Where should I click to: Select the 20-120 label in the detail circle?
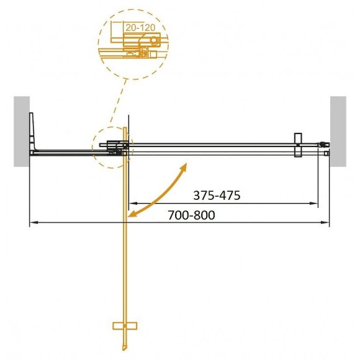click(x=140, y=28)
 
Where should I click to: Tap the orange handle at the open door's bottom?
click(x=125, y=325)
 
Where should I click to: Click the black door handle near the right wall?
click(x=297, y=145)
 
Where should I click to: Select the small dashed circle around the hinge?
click(x=112, y=147)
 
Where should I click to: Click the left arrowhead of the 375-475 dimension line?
click(x=131, y=202)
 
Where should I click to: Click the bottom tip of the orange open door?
click(x=125, y=349)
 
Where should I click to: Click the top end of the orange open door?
click(x=126, y=128)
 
